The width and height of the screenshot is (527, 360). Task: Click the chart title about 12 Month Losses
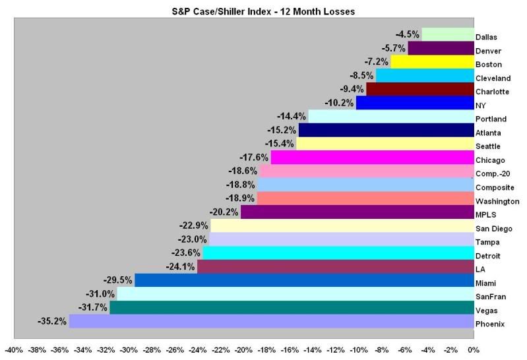(263, 10)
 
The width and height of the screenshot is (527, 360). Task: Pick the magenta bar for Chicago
(372, 158)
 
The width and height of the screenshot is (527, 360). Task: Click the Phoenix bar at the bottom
(271, 321)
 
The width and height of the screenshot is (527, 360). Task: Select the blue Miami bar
(304, 280)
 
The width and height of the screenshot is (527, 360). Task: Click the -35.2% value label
(53, 321)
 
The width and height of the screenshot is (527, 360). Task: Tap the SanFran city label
(491, 297)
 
